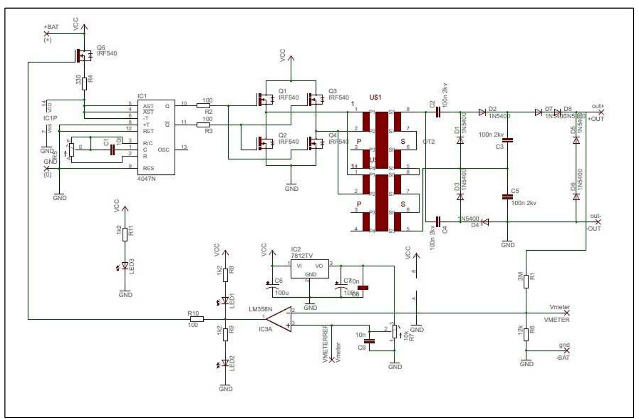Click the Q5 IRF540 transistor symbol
click(83, 55)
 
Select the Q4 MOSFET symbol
click(316, 143)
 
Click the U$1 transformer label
click(375, 97)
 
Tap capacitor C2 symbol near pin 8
click(438, 112)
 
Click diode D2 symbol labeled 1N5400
click(482, 112)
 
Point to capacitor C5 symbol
click(507, 197)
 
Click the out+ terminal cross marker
click(601, 112)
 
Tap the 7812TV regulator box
click(310, 269)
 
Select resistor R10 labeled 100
click(196, 319)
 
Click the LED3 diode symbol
click(125, 265)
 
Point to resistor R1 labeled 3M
click(526, 283)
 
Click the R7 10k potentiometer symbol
click(395, 332)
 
